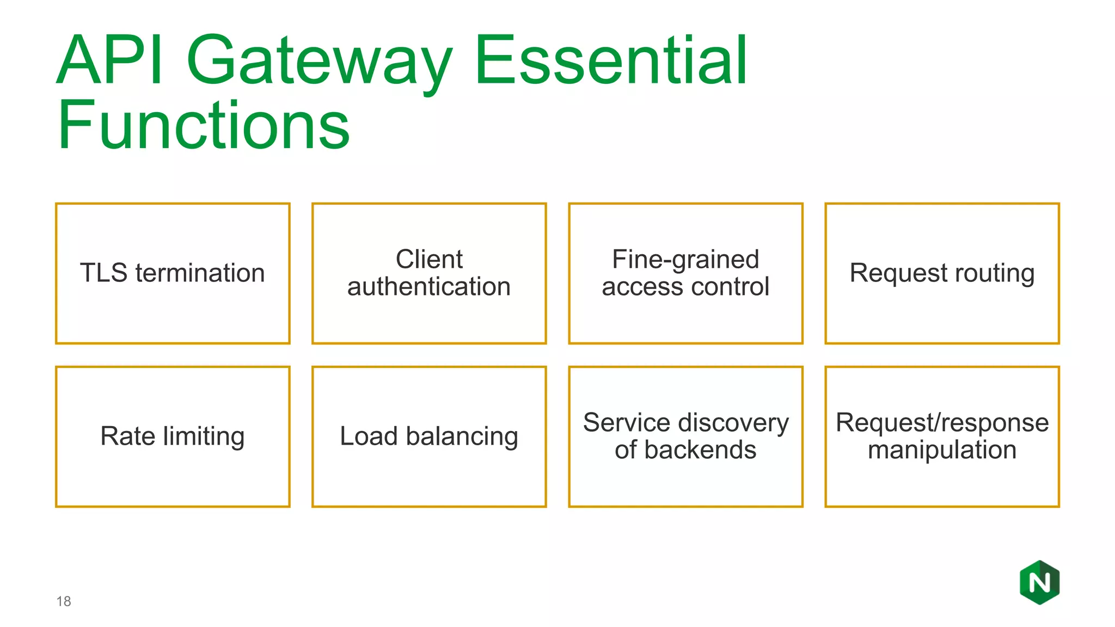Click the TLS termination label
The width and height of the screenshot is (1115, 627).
tap(173, 273)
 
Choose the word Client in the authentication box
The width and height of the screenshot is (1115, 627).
tap(429, 259)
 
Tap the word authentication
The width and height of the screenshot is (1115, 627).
tap(429, 287)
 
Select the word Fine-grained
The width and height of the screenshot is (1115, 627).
tap(685, 260)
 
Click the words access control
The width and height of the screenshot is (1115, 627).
tap(685, 287)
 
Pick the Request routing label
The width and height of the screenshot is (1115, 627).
tap(942, 273)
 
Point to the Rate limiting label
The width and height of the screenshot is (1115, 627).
tap(173, 436)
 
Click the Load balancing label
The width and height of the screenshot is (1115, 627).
tap(429, 436)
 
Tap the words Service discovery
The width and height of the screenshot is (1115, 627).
tap(685, 423)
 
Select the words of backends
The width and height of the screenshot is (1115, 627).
tap(685, 450)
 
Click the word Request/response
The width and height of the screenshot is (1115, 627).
tap(942, 423)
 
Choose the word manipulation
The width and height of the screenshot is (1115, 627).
tap(942, 450)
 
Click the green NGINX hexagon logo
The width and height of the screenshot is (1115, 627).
tap(1039, 582)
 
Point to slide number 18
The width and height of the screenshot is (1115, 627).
tap(64, 601)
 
